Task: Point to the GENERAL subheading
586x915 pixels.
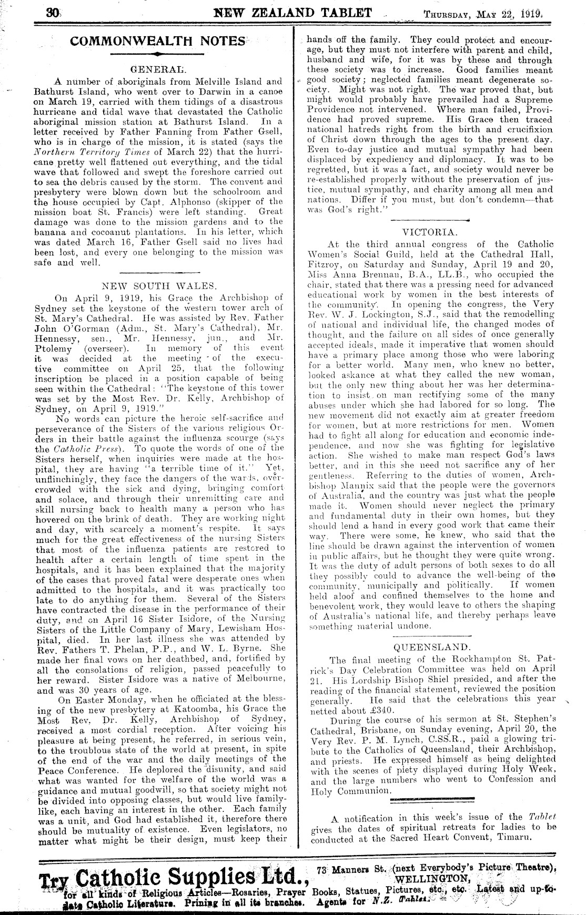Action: (157, 68)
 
